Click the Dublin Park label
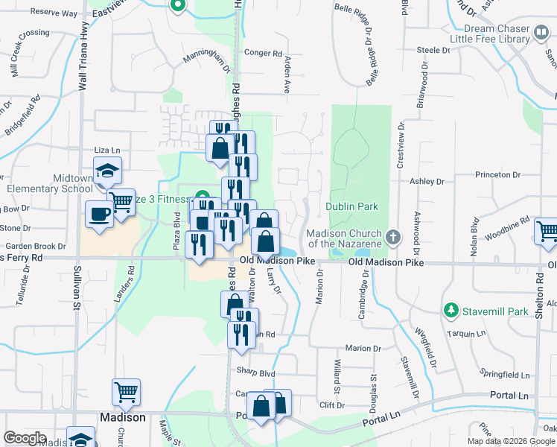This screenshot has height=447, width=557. (x=351, y=206)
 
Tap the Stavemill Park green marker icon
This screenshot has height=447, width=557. (x=450, y=309)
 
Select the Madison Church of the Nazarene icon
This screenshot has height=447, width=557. (x=395, y=238)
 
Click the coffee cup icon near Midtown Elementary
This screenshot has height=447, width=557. (x=99, y=215)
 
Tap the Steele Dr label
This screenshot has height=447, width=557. (x=434, y=50)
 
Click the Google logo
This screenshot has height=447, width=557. (x=25, y=438)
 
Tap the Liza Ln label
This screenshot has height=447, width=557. (x=106, y=150)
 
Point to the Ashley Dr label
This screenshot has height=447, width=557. (x=427, y=181)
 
